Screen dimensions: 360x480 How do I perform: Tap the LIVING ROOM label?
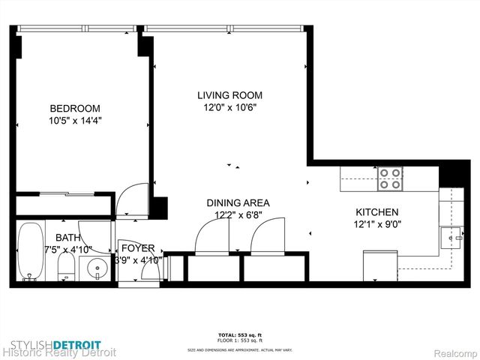tap(229, 95)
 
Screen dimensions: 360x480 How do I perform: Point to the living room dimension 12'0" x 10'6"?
tap(229, 107)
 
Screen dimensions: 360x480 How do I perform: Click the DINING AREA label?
tap(238, 202)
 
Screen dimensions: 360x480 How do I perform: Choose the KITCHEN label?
tap(376, 212)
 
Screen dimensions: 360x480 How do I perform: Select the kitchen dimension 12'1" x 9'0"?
tap(376, 224)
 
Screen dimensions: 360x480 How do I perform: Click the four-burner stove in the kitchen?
tap(389, 178)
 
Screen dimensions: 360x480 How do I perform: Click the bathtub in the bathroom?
tap(31, 251)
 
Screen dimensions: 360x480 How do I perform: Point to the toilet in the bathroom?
tap(67, 265)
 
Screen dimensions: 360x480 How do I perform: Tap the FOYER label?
tap(138, 248)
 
